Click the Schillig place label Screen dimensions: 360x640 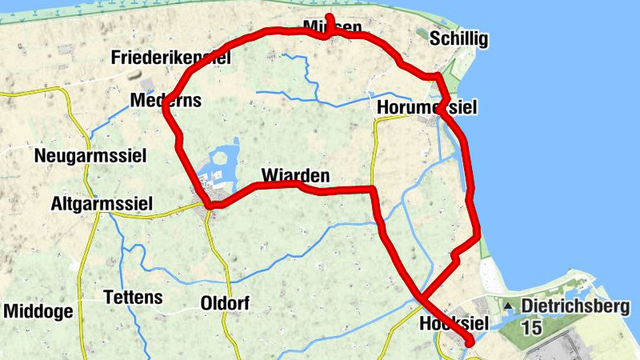pos(458,39)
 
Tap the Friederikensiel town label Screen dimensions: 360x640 pos(171,58)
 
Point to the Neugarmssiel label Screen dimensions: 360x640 pos(90,156)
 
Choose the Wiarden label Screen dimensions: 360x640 pos(295,174)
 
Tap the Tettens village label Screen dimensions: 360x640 pos(134,298)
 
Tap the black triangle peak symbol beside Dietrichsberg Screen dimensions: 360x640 pos(507,306)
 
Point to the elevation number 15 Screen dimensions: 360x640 pos(532,327)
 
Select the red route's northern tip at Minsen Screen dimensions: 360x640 pos(328,16)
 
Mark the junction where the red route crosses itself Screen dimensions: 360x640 pos(419,298)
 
